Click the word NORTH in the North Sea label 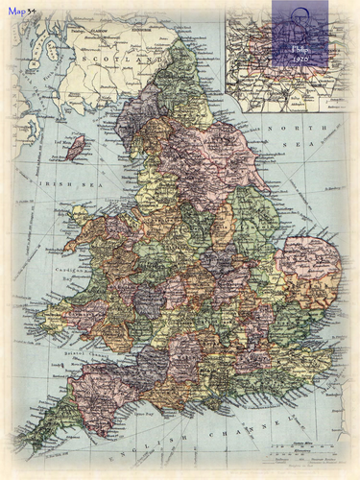point(283,128)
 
